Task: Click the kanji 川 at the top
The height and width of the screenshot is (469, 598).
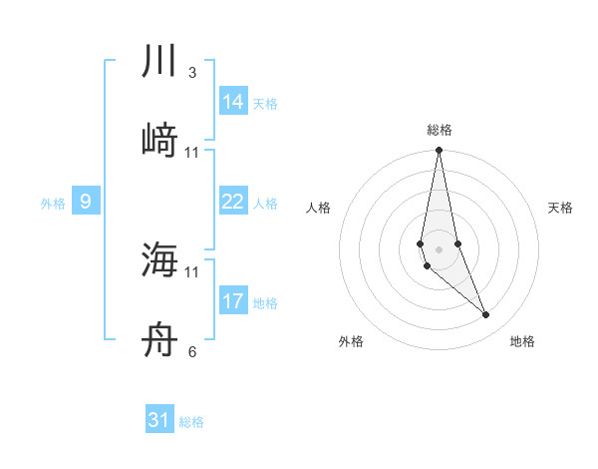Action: [x=158, y=62]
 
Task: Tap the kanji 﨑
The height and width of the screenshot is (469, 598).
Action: [x=158, y=141]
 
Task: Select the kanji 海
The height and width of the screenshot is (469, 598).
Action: [x=158, y=260]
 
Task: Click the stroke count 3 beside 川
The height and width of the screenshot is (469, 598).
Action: [x=192, y=73]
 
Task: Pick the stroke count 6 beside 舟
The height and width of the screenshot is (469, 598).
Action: [x=192, y=351]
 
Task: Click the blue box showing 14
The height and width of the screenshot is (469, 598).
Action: [x=233, y=102]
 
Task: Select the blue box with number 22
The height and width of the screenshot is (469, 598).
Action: [x=233, y=202]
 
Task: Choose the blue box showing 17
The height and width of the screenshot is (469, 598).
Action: [x=233, y=301]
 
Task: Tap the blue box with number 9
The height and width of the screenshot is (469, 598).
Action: [x=86, y=202]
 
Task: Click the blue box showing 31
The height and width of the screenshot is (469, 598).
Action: [x=159, y=420]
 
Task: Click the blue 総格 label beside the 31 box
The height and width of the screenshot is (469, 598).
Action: [x=191, y=422]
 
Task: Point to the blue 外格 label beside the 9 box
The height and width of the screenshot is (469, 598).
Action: [x=53, y=204]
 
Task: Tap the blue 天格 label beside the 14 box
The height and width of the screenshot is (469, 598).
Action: [x=265, y=104]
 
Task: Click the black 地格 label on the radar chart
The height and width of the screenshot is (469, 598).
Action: [x=522, y=341]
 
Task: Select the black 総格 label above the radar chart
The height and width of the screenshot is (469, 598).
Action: [x=439, y=130]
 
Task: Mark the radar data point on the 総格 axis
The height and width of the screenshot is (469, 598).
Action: [x=439, y=151]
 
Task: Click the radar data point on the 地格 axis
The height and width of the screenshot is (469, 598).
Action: [x=486, y=315]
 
